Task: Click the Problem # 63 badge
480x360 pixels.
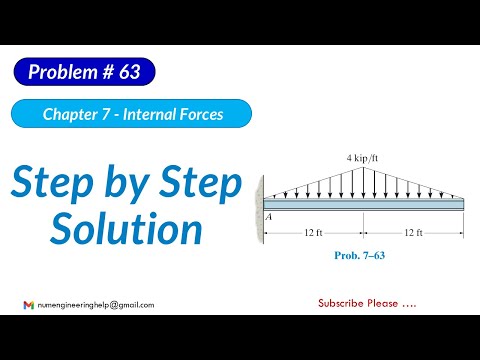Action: click(85, 72)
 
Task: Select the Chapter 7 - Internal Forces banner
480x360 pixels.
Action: click(132, 114)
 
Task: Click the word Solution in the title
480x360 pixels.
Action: click(127, 229)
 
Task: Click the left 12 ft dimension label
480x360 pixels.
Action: click(313, 233)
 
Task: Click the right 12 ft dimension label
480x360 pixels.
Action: click(414, 233)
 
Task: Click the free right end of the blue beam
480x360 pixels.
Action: click(461, 202)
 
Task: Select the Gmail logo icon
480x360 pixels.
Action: click(28, 304)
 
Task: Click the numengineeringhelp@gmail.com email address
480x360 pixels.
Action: click(95, 304)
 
